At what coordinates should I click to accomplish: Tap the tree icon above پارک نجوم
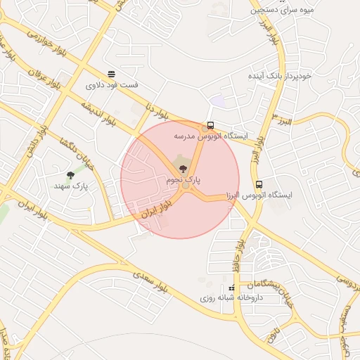184,169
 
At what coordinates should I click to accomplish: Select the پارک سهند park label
71,186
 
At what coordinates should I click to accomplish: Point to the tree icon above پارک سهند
70,175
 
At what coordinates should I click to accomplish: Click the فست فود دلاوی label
112,85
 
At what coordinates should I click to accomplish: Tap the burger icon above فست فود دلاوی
111,74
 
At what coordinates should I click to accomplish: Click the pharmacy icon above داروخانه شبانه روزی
232,288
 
